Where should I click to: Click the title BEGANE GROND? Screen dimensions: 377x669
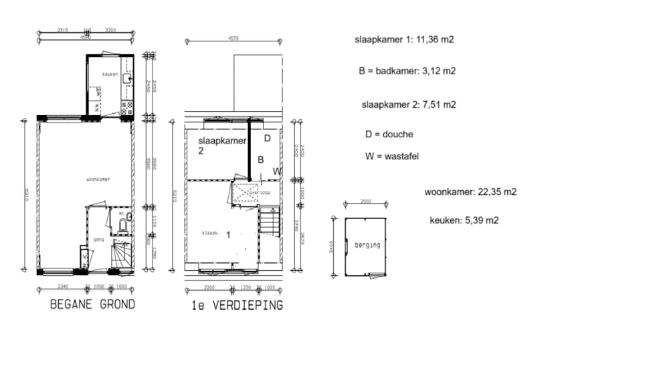pyautogui.click(x=92, y=305)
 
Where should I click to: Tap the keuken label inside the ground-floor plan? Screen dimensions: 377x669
pyautogui.click(x=110, y=74)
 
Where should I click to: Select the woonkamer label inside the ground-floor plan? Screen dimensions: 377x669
pyautogui.click(x=98, y=179)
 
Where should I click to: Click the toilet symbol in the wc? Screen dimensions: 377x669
pyautogui.click(x=122, y=224)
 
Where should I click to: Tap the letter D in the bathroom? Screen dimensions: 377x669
pyautogui.click(x=267, y=138)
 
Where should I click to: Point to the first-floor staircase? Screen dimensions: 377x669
pyautogui.click(x=270, y=221)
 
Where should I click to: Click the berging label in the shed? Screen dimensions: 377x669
pyautogui.click(x=368, y=245)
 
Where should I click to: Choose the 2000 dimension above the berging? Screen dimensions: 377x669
pyautogui.click(x=365, y=201)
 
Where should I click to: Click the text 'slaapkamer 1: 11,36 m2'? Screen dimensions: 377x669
pyautogui.click(x=404, y=40)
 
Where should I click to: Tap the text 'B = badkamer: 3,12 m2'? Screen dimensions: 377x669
pyautogui.click(x=407, y=70)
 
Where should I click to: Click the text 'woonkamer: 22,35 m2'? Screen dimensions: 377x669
pyautogui.click(x=470, y=192)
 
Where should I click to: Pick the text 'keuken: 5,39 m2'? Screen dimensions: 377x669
pyautogui.click(x=464, y=220)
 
